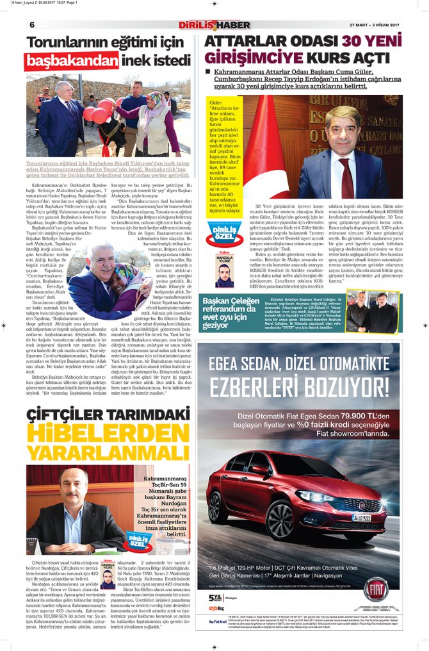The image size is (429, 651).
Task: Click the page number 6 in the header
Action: point(31,24)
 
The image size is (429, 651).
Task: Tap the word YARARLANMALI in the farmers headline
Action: point(106,454)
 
